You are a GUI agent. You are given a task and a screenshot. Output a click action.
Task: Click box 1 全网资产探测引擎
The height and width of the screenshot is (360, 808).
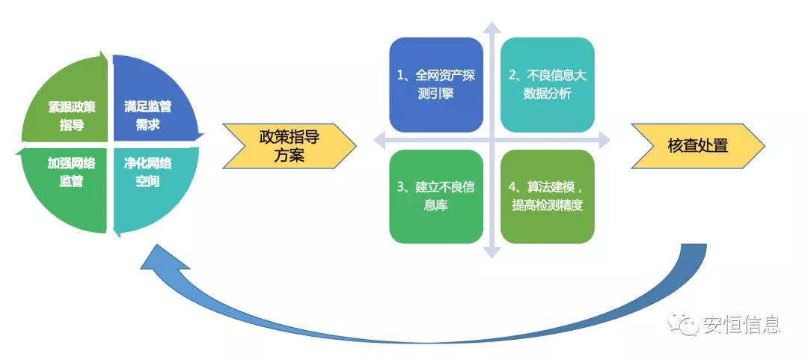(x=436, y=85)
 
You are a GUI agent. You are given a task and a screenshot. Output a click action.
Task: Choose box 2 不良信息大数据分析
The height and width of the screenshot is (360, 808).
(x=547, y=85)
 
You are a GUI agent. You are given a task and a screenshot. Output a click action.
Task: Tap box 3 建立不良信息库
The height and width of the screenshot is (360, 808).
(x=436, y=196)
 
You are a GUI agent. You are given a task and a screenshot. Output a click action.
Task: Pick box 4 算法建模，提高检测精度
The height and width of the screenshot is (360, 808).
(x=547, y=196)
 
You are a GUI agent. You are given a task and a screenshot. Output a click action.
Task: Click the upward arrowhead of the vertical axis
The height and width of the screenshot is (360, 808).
(x=492, y=28)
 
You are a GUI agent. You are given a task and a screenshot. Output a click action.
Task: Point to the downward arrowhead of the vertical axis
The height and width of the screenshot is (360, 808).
(x=492, y=252)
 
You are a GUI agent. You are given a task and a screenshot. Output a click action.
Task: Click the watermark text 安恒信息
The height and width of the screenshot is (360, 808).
(x=741, y=324)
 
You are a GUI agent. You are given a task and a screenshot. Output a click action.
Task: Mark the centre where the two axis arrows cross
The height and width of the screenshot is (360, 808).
(x=492, y=140)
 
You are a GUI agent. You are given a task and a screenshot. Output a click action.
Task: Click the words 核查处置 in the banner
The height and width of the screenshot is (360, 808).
(x=697, y=146)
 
